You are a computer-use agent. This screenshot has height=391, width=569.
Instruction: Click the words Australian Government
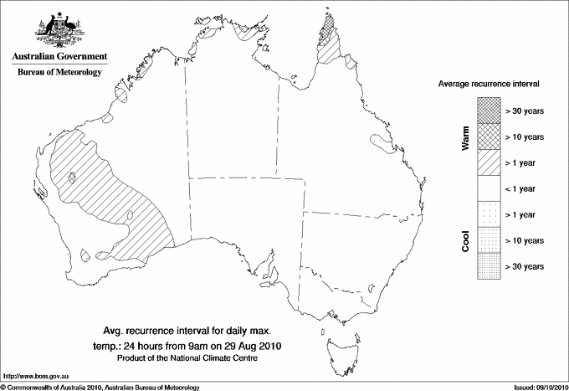pyautogui.click(x=59, y=57)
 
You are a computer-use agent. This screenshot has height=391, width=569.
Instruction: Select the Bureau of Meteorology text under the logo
pyautogui.click(x=59, y=73)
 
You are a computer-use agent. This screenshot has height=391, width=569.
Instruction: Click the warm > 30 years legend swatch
pyautogui.click(x=487, y=110)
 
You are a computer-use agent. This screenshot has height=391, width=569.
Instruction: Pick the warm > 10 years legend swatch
pyautogui.click(x=487, y=136)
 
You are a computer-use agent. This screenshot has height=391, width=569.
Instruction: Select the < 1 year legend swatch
pyautogui.click(x=487, y=188)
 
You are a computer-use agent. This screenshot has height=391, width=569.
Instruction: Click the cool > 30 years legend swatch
pyautogui.click(x=487, y=266)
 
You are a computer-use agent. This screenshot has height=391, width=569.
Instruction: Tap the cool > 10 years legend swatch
pyautogui.click(x=487, y=240)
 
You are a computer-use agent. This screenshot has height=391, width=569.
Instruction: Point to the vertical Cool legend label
pyautogui.click(x=465, y=239)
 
